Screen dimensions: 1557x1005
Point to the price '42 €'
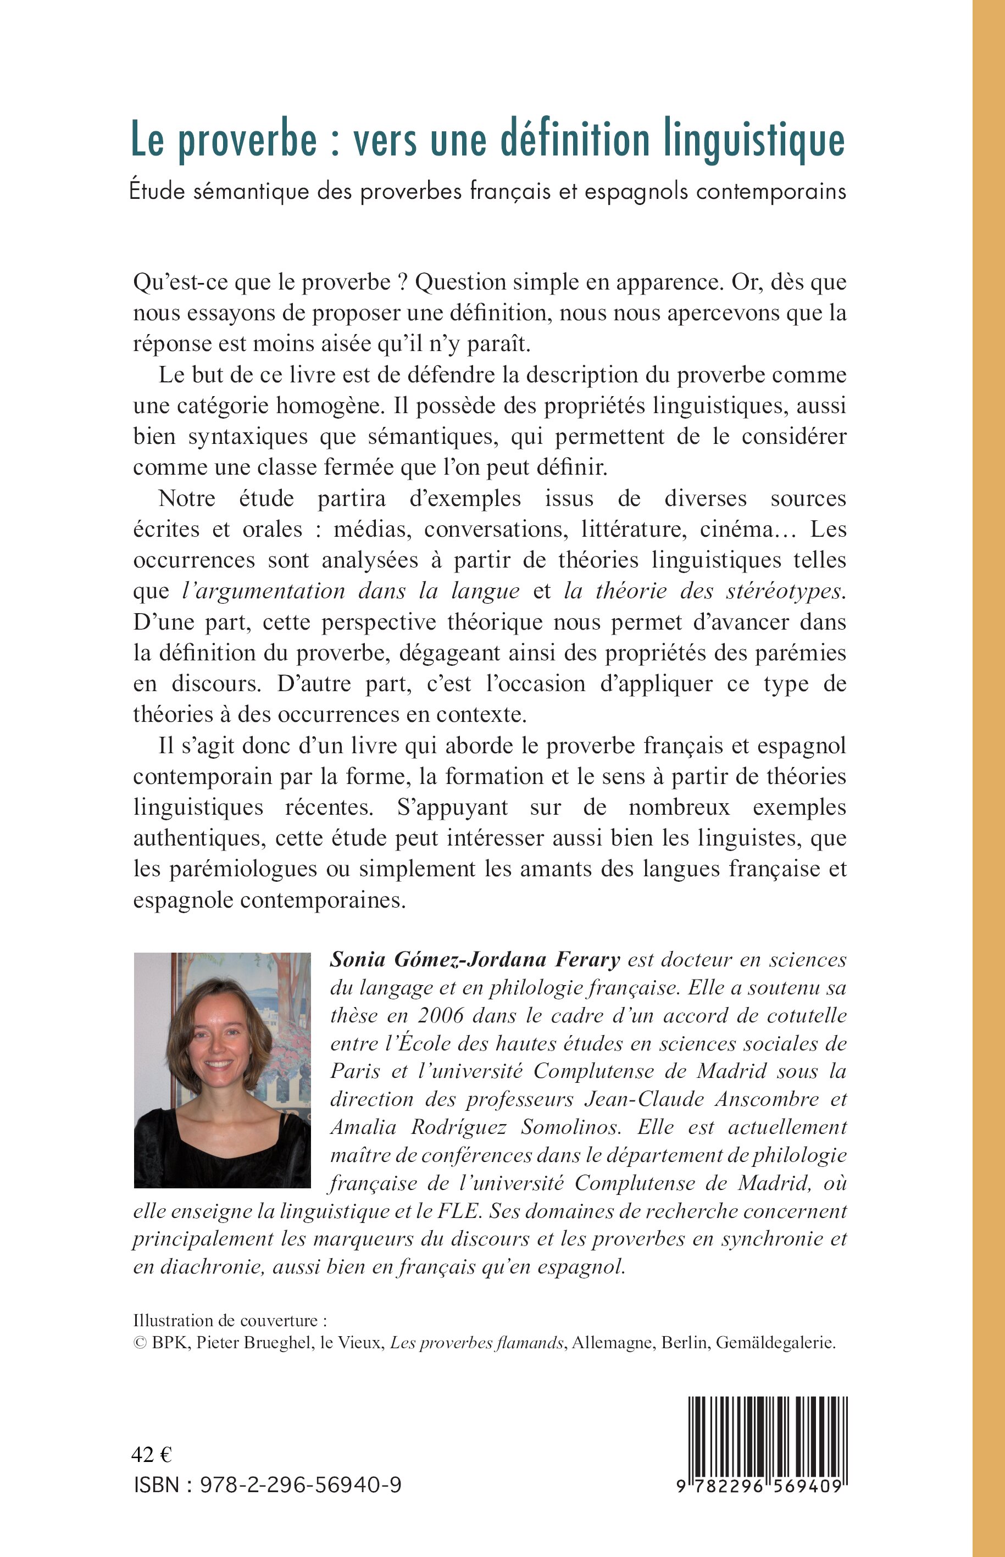152,1455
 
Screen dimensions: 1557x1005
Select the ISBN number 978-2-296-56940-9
300,1485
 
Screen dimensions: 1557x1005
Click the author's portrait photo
222,1070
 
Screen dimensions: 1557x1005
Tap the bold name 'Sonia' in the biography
356,959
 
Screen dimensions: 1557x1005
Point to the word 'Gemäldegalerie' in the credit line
775,1343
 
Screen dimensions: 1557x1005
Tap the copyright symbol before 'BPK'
139,1343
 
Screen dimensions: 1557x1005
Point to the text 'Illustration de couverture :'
230,1321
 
